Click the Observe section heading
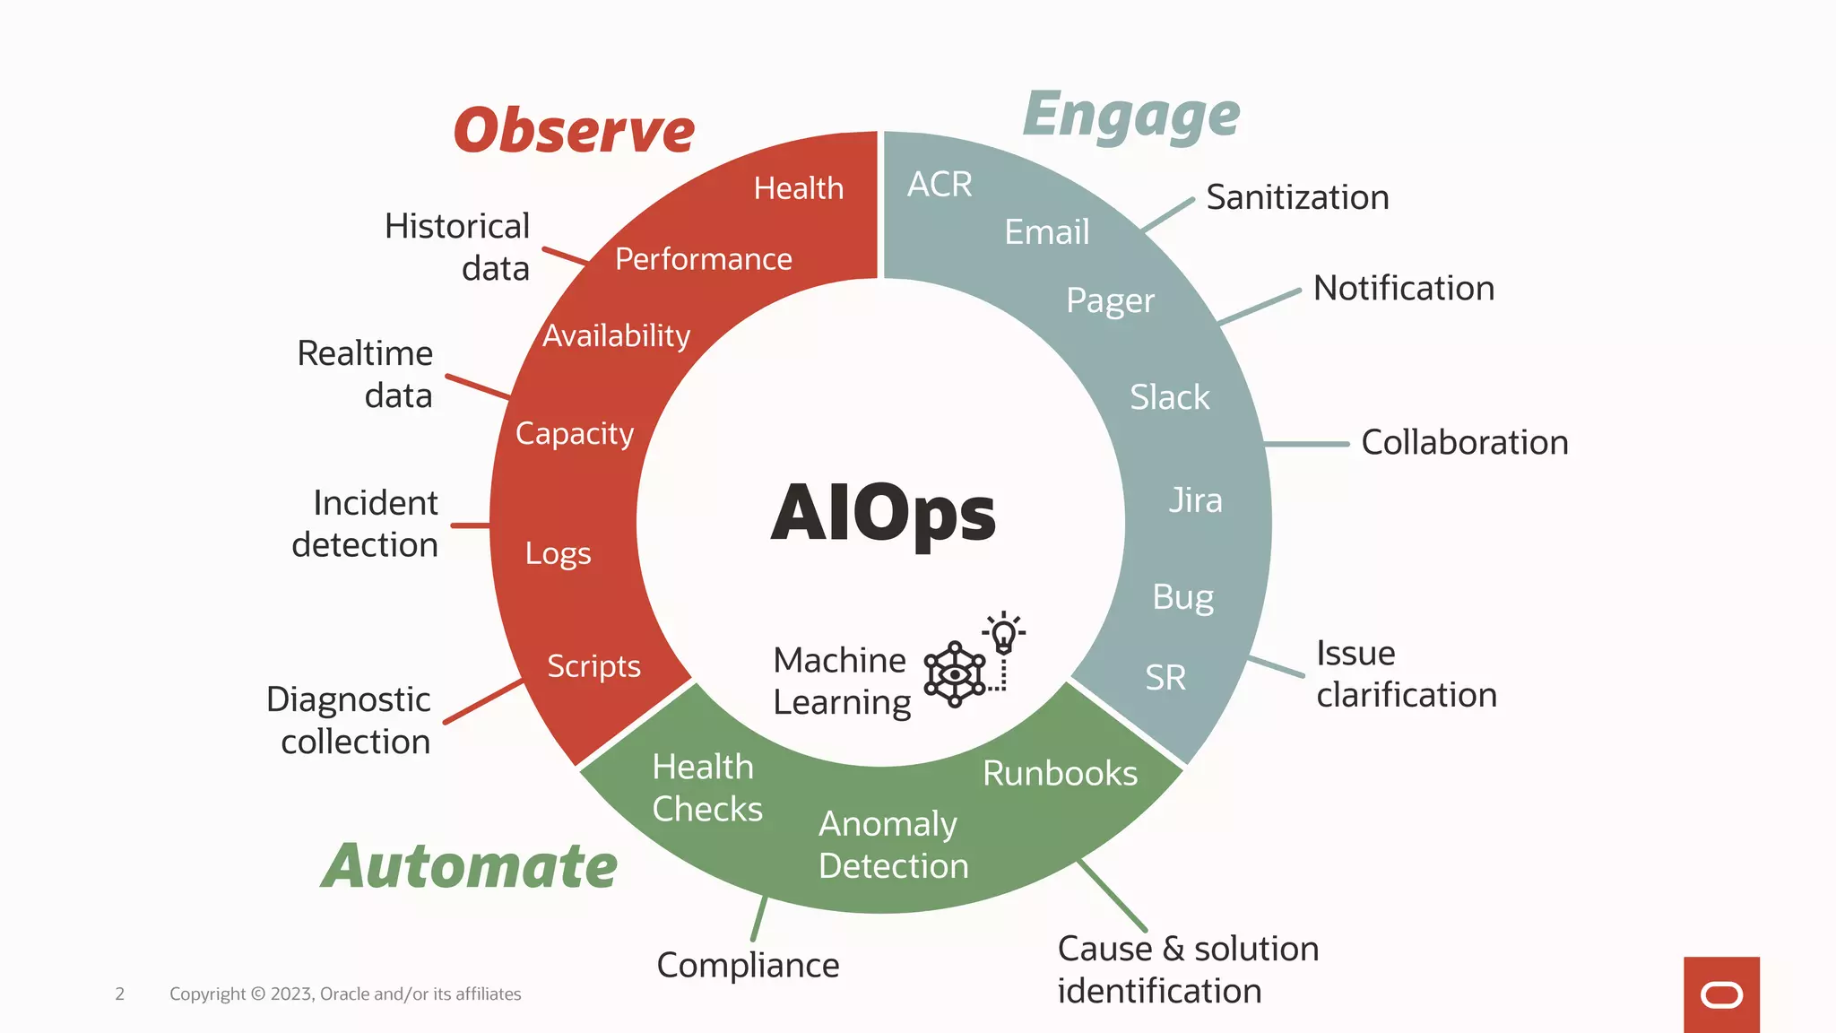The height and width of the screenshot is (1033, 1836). (574, 131)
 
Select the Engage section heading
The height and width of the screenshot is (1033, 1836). (1131, 117)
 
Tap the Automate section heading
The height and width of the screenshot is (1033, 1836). (470, 866)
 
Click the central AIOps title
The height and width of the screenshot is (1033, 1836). (883, 514)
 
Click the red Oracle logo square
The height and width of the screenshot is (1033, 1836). (1721, 994)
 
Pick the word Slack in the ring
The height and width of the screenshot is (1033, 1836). (1169, 397)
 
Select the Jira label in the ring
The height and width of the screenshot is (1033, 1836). (1195, 500)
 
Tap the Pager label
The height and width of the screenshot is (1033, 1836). (1110, 301)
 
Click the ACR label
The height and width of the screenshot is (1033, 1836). (940, 185)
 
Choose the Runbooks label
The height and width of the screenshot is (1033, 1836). (1060, 774)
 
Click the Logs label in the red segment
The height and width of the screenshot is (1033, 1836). (558, 554)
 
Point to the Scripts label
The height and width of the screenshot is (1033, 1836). (593, 666)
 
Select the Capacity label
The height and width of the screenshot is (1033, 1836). (575, 434)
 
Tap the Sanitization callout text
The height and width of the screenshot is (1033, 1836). (1297, 197)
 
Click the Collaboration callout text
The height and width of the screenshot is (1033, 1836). (1464, 443)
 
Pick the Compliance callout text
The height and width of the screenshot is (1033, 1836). (748, 966)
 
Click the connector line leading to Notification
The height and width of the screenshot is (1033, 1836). (1259, 307)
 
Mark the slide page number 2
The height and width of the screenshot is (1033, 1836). (119, 994)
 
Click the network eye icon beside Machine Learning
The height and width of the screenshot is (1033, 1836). (955, 674)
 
